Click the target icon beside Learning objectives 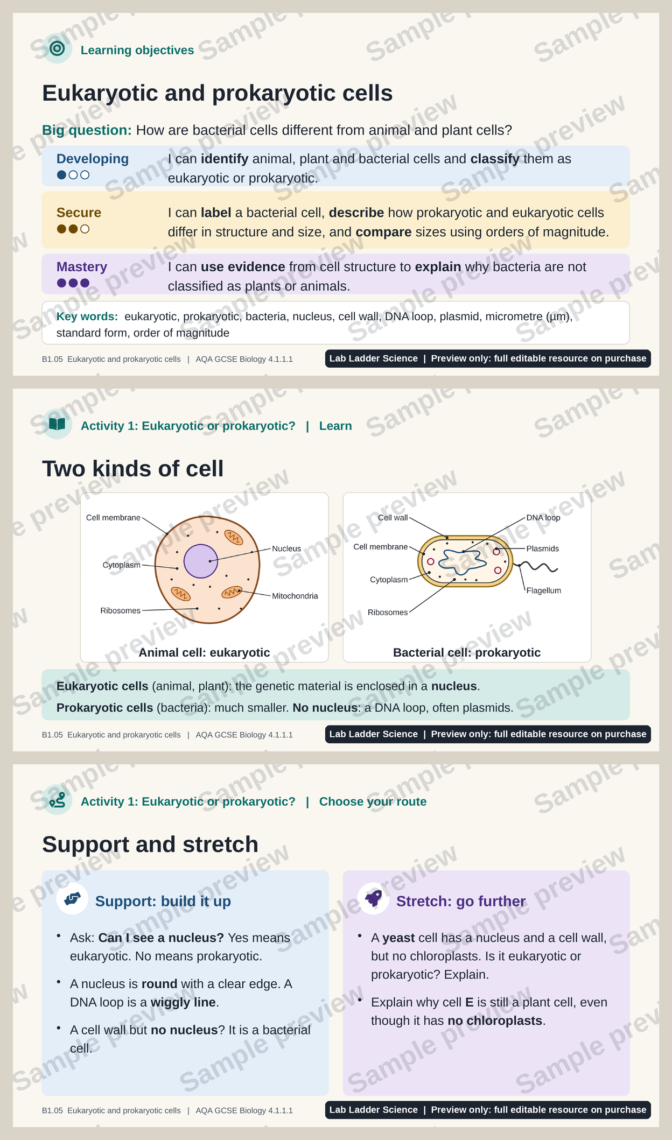point(57,48)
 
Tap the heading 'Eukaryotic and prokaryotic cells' point(218,93)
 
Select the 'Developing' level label point(93,159)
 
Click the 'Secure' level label point(79,213)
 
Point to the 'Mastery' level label point(82,267)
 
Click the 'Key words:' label point(87,316)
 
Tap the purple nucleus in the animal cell point(201,561)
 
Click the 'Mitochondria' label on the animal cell point(295,596)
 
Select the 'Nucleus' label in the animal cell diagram point(286,548)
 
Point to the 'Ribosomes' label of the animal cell point(121,610)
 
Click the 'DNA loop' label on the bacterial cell point(543,518)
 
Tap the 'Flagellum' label point(544,590)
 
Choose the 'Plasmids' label point(543,548)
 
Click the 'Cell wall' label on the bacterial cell point(393,518)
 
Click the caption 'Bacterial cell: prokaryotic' point(467,652)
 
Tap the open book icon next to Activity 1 point(57,424)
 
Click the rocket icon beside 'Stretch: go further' point(373,898)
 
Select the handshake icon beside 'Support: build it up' point(72,898)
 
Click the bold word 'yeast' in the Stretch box point(398,938)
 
